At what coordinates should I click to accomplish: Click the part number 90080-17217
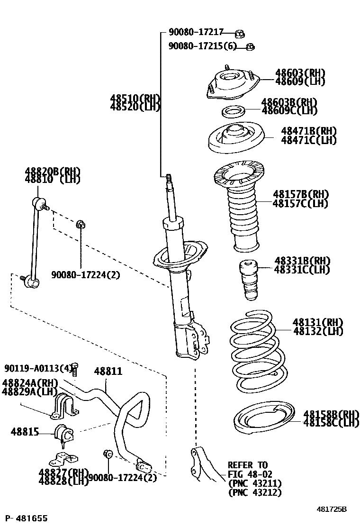tap(196, 33)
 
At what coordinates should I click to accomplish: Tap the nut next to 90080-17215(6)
tap(252, 46)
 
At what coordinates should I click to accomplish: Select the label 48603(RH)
tap(300, 73)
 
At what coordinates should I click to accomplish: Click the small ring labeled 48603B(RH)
tap(233, 112)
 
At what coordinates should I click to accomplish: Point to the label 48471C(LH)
tap(308, 140)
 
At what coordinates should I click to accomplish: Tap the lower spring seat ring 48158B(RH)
tap(263, 419)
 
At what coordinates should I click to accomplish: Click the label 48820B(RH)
tap(53, 171)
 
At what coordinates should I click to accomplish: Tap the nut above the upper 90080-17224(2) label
tap(81, 223)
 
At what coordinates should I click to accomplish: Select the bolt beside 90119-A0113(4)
tap(74, 368)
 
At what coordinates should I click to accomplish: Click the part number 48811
tap(108, 372)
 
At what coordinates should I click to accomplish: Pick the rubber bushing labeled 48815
tap(63, 433)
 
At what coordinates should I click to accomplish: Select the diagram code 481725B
tap(332, 509)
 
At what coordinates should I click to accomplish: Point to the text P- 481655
tap(26, 518)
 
